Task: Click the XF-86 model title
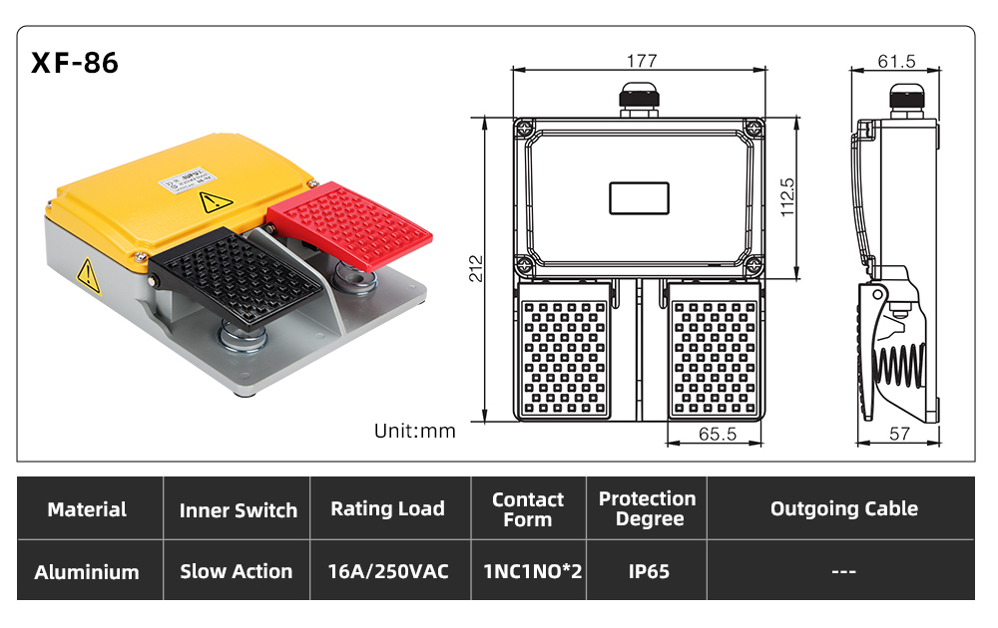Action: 75,63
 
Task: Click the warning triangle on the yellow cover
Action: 216,202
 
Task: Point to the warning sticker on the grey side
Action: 88,276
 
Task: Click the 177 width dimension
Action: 641,61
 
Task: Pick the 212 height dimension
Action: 476,268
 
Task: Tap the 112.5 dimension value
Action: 787,197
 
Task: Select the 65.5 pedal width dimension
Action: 718,434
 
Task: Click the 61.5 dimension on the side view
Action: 896,61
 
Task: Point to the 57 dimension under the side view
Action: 899,434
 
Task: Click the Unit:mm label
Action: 415,431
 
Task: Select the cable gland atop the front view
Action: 639,99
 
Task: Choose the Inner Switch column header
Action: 239,509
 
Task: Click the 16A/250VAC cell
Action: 388,571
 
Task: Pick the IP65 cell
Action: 649,571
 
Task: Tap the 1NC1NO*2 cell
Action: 533,571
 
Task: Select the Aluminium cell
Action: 87,572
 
